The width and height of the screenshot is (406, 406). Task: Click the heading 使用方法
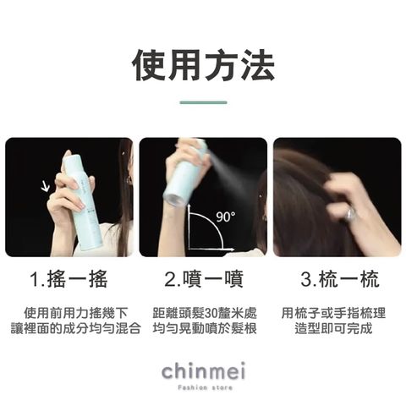[203, 65]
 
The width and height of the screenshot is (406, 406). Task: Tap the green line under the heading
[203, 102]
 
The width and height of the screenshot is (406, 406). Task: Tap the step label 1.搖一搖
[69, 279]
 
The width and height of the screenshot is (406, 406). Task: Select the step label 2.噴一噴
[203, 279]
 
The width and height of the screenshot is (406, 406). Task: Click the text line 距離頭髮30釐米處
[203, 310]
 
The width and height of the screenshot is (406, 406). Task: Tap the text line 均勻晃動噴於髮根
[203, 327]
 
